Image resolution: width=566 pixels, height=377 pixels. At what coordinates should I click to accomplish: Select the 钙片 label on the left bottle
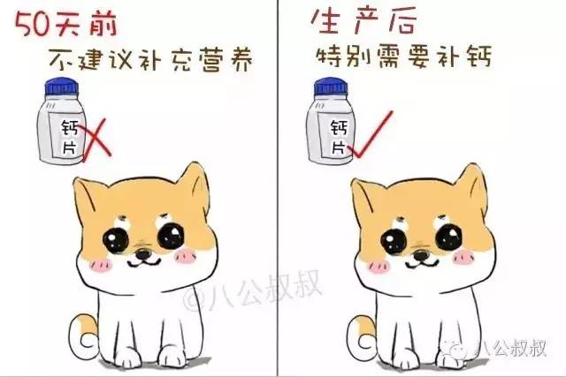click(x=69, y=139)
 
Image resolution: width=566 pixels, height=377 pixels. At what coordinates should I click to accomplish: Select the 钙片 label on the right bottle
click(x=337, y=137)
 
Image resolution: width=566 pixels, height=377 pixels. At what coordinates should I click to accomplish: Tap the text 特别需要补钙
click(x=403, y=55)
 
